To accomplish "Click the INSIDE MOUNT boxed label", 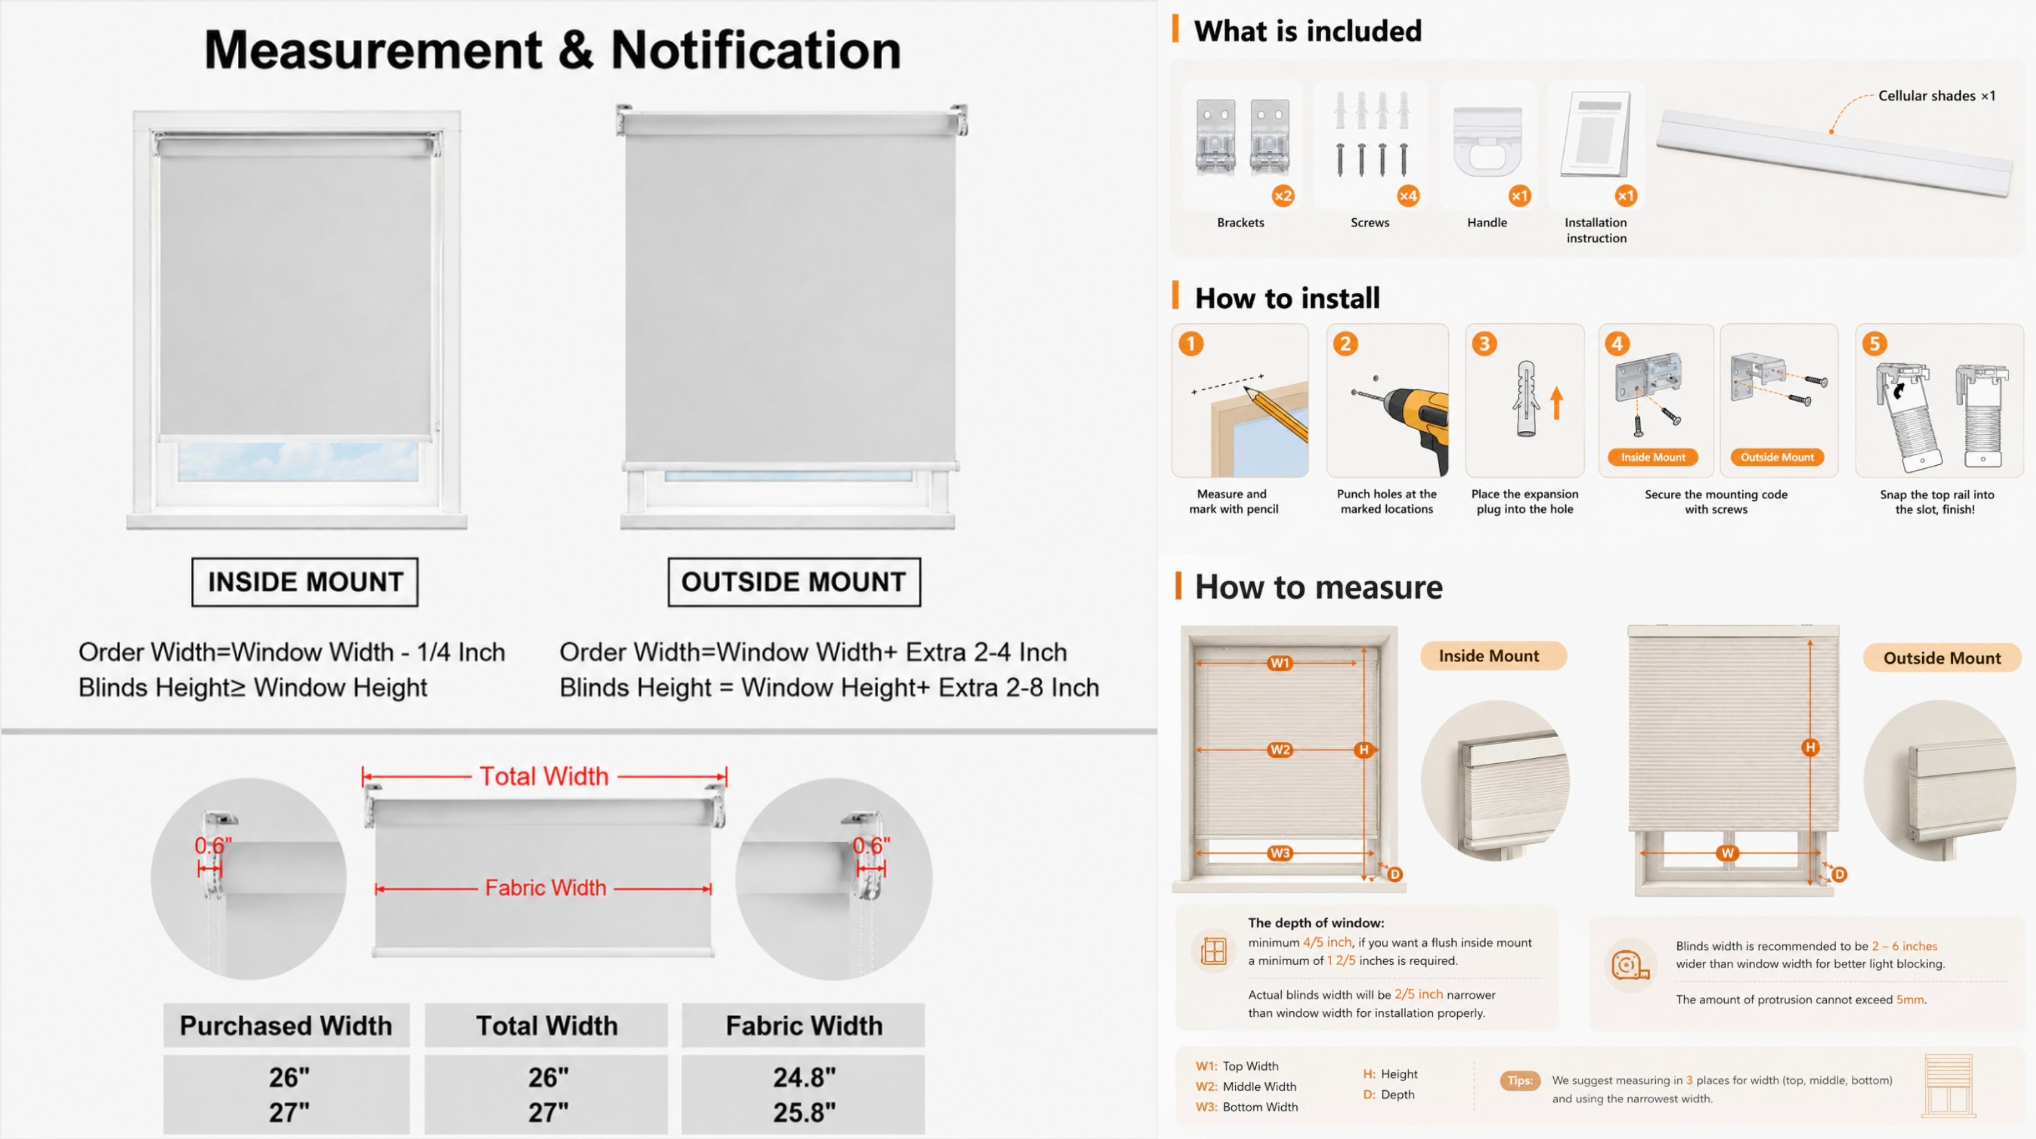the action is pos(305,582).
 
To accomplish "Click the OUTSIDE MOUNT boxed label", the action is pos(793,582).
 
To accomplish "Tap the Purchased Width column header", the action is pos(286,1025).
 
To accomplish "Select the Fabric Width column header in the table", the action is pos(804,1025).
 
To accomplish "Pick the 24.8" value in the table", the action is pos(804,1076).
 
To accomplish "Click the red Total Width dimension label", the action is pos(545,776).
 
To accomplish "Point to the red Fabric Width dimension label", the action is pos(545,888).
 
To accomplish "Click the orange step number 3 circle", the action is pos(1484,344).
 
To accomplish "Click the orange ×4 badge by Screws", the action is pos(1408,196).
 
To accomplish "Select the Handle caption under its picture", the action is pos(1487,223).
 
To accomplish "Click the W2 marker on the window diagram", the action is pos(1279,749).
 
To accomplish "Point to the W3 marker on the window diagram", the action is pos(1279,853).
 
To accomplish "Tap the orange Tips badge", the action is pos(1519,1081).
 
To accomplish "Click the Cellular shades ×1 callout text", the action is pos(1937,96).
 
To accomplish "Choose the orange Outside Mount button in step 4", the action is pos(1777,457).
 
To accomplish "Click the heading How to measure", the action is pos(1319,587).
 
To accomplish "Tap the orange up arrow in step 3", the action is pos(1556,402).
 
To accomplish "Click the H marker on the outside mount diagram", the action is pos(1810,747).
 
